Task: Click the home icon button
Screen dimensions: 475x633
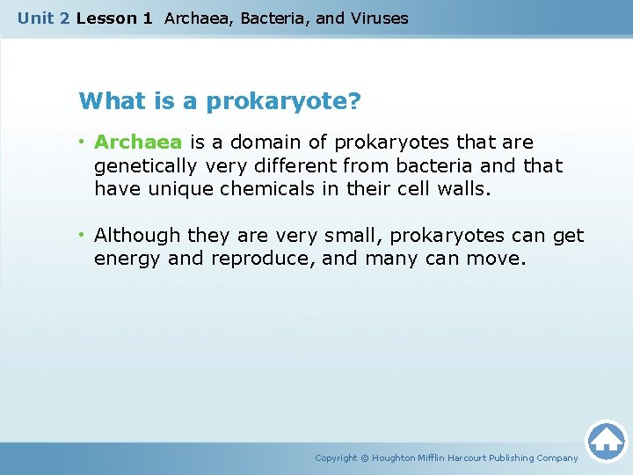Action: [x=606, y=441]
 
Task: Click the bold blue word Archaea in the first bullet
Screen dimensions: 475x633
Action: [x=137, y=142]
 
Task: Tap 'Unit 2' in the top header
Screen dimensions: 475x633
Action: [x=44, y=18]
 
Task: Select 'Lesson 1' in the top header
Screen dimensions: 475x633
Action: [x=114, y=18]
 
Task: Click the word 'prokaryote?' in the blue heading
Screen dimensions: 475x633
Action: [x=283, y=102]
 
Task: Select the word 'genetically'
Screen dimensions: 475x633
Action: [x=145, y=166]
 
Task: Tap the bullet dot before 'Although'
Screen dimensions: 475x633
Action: [x=82, y=236]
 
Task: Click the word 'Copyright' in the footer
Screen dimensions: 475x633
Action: [x=336, y=458]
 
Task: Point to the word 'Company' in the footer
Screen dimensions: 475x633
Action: [x=557, y=458]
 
